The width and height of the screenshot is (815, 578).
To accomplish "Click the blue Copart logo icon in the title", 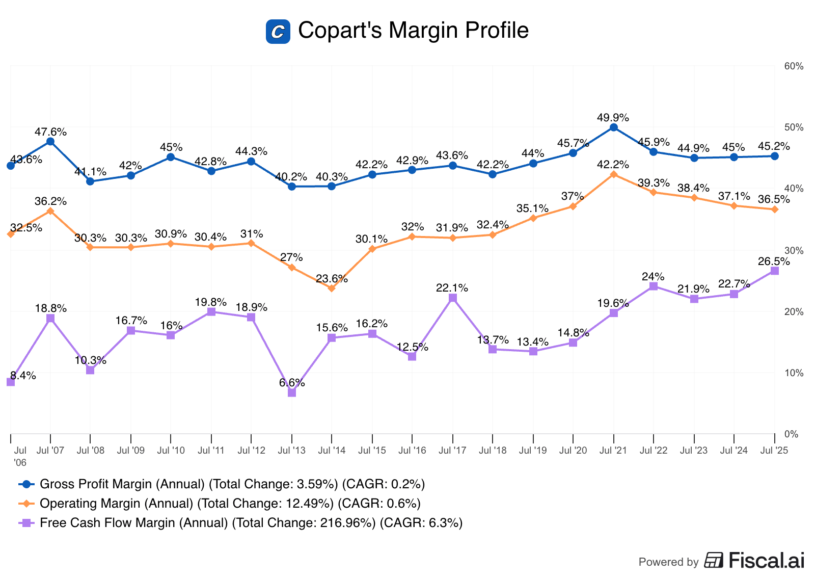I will click(278, 31).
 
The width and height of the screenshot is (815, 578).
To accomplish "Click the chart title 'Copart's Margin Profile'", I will click(413, 31).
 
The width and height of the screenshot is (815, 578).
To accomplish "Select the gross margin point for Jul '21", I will click(614, 127).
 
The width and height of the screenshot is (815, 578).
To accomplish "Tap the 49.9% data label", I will click(613, 117).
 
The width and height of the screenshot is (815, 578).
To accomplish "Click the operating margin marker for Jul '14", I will click(332, 288).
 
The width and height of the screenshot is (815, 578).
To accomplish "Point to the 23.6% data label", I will click(332, 279).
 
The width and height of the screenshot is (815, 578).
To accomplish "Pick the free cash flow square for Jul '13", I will click(292, 392).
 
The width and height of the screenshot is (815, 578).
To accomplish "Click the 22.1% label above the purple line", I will click(452, 288).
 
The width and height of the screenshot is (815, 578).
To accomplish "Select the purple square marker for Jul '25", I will click(774, 271).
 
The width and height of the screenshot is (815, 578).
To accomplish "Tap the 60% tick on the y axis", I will click(794, 66).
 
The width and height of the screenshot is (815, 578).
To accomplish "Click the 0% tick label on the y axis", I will click(791, 434).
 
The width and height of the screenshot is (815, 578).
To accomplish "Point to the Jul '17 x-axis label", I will click(452, 451).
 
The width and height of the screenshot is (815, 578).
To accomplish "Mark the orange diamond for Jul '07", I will click(50, 211).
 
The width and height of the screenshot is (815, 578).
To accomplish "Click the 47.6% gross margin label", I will click(50, 132).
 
